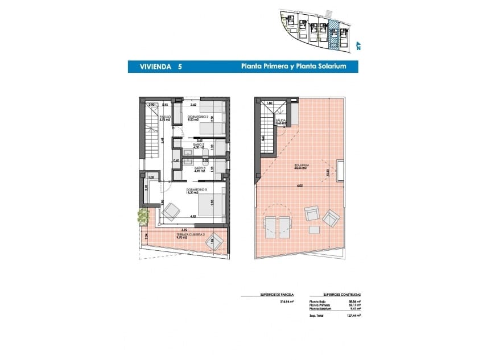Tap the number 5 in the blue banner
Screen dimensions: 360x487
point(180,67)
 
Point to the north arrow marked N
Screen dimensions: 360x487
point(358,47)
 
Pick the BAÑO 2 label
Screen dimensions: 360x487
point(199,147)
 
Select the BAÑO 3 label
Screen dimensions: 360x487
point(199,169)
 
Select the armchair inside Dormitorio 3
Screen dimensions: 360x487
point(170,212)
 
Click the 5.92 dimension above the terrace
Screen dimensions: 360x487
point(184,230)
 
